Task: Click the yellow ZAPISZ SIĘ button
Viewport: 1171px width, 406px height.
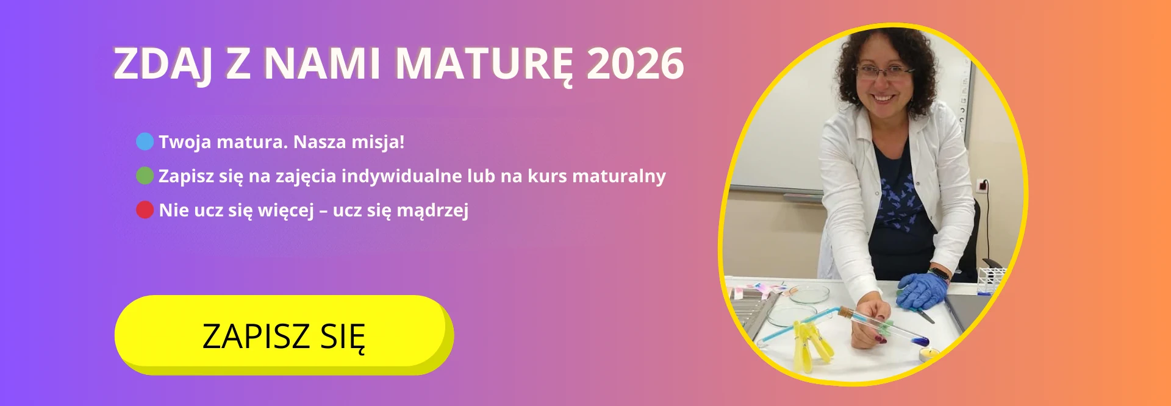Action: (284, 334)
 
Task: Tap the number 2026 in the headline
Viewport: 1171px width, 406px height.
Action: (636, 63)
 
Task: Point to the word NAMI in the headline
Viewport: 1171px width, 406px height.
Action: (323, 63)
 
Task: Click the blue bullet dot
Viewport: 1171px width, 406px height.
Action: (145, 141)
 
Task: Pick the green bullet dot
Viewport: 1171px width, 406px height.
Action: (145, 176)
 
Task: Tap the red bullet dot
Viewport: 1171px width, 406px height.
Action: (145, 210)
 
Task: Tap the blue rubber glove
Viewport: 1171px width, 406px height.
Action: (922, 290)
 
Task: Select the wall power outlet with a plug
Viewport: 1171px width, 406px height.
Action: (983, 185)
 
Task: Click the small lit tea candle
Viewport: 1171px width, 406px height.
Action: (929, 353)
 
